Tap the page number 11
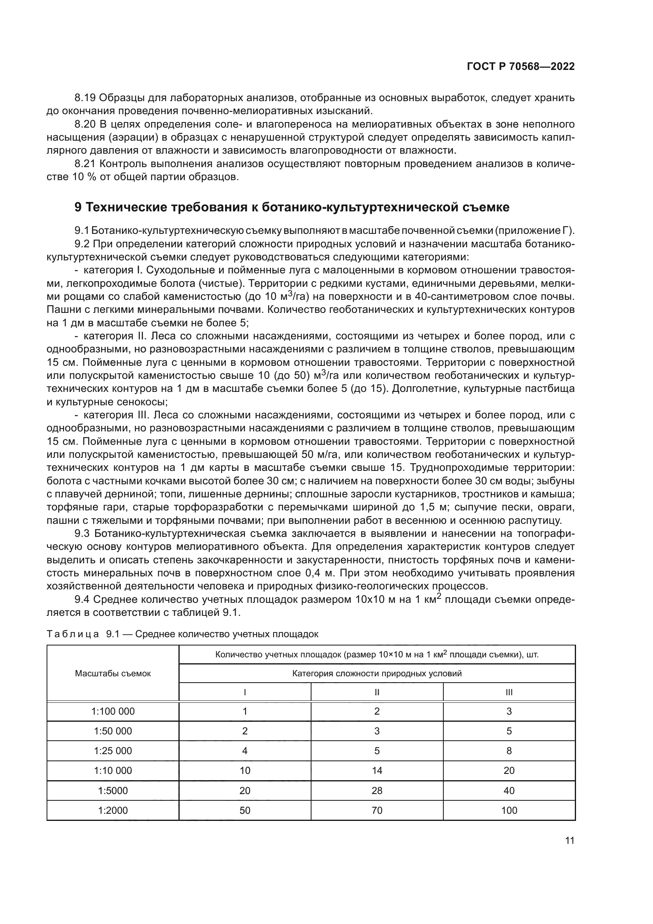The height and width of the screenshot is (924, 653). [x=569, y=840]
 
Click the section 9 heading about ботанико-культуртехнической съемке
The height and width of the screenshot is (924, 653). [x=292, y=207]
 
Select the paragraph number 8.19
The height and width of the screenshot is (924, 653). [x=85, y=98]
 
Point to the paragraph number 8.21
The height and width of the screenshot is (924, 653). [x=85, y=164]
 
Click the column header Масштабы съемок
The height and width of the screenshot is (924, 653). [x=113, y=674]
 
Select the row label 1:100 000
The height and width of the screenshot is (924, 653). [x=113, y=711]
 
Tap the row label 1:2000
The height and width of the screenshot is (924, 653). [x=113, y=810]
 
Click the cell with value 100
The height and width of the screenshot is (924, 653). [x=509, y=810]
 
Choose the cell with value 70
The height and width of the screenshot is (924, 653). [x=377, y=810]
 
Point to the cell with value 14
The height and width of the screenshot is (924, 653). [x=377, y=771]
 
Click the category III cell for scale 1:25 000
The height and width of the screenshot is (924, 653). [x=509, y=751]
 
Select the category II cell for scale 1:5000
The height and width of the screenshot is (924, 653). [x=377, y=790]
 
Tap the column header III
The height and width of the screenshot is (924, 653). [x=509, y=692]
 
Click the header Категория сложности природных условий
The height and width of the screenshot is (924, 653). [x=377, y=673]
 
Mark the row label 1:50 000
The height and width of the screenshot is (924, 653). [x=113, y=731]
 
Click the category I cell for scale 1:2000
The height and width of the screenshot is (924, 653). [x=244, y=810]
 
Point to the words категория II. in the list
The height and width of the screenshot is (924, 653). [x=106, y=336]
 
